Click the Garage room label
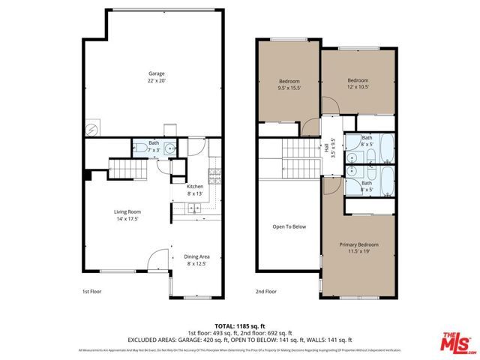point(156,73)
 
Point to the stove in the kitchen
point(214,178)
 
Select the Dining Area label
point(197,256)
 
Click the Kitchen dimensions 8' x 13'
point(195,193)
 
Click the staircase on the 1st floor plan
point(125,171)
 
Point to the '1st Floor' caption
point(91,291)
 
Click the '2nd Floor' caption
point(265,291)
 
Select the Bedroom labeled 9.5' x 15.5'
point(289,84)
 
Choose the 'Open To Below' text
point(289,226)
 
